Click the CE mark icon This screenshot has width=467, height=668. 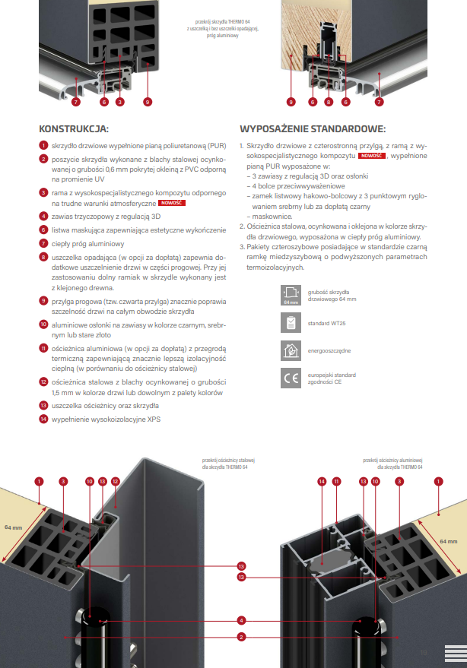coord(291,377)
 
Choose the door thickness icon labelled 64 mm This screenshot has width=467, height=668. coord(291,295)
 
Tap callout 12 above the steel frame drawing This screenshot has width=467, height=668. coord(115,480)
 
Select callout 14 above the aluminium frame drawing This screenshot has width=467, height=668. coord(322,480)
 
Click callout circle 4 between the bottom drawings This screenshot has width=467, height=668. coord(240,619)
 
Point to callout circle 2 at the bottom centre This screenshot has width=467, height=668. coord(240,636)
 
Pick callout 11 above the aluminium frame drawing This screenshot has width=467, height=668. coord(336,480)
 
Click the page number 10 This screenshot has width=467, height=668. coord(424,652)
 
